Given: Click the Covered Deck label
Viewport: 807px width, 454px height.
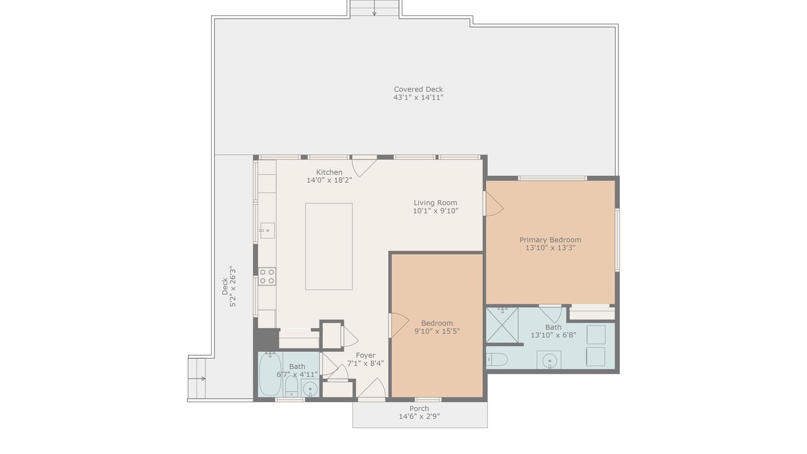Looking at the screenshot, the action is coord(418,89).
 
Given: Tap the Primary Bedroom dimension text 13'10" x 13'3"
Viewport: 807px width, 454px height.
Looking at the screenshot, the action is coord(550,248).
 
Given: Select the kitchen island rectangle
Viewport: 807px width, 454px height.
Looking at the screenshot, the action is coord(329,247).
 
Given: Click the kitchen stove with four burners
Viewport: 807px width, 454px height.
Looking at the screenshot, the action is coord(267,276).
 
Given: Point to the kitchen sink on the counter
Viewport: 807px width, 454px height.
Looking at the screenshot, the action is coord(267,231).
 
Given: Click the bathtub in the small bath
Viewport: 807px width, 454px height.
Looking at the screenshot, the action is coord(270,375).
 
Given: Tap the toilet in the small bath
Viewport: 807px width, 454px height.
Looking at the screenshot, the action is coord(291,387).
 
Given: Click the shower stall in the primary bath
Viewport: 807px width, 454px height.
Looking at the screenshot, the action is coord(502,325).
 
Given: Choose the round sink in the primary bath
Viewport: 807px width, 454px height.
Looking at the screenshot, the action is coord(549,360).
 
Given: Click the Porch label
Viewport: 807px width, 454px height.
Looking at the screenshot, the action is coord(419,408).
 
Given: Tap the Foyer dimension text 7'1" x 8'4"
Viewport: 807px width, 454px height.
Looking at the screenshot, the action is coord(365,363).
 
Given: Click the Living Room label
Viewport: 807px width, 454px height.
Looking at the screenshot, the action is coord(435,202).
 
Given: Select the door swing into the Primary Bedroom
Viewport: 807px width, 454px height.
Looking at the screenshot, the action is coord(494,204).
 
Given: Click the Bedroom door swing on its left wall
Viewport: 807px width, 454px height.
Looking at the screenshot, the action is coord(400,325).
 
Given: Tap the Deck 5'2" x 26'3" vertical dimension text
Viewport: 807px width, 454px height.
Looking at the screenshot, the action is coord(229,286).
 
